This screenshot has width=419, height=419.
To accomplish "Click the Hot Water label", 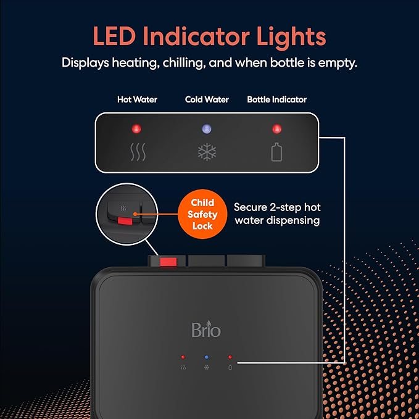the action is [137, 100].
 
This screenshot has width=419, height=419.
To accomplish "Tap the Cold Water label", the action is [207, 100].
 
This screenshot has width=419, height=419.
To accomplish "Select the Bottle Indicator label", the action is [276, 100].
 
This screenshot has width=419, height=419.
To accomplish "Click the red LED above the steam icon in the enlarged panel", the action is [136, 129].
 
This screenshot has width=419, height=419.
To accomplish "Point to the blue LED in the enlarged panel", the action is [207, 129].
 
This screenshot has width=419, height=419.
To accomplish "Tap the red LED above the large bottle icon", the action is [277, 129].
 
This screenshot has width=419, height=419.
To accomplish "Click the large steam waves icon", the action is [138, 152].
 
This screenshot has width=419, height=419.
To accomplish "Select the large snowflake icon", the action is [207, 152].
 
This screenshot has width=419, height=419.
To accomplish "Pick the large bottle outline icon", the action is [277, 152].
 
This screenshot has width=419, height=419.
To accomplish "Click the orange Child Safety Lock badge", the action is [202, 214].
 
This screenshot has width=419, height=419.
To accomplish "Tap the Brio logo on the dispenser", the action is [206, 329].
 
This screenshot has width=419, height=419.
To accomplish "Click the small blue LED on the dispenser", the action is [207, 357].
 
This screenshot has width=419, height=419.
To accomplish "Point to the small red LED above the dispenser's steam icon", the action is [183, 357].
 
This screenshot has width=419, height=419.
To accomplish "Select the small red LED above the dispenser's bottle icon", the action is [230, 357].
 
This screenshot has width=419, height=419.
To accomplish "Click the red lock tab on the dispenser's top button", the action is [168, 262].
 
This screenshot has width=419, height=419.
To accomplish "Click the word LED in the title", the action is [114, 36].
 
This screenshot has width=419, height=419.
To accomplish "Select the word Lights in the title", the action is [291, 38].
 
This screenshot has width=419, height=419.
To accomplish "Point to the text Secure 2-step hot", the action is [277, 207].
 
